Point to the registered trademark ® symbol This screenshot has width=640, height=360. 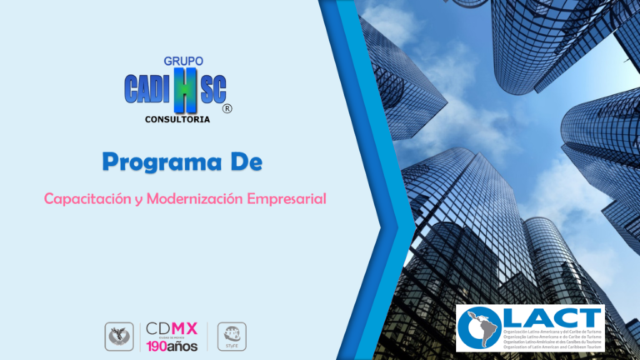tap(227, 109)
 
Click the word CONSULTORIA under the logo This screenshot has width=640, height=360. tap(177, 119)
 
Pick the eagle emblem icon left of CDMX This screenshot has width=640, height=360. tap(118, 336)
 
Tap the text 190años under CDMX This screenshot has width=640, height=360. tap(172, 345)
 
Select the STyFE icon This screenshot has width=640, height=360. tap(231, 336)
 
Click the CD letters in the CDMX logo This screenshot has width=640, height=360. tap(158, 328)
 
